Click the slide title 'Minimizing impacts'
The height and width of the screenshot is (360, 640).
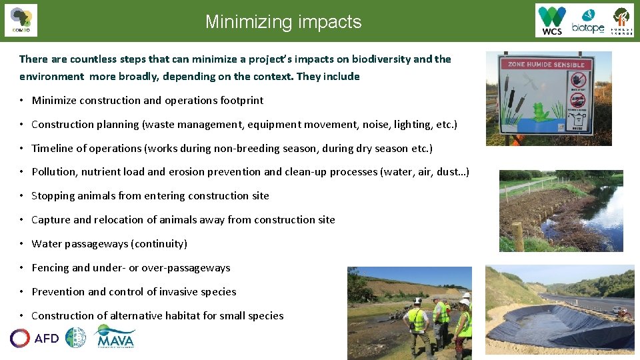click(283, 22)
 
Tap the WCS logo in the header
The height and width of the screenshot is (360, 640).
click(553, 21)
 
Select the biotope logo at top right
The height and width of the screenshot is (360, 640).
click(588, 21)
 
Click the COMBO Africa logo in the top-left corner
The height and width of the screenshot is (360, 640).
click(21, 20)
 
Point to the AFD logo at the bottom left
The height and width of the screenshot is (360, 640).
click(35, 338)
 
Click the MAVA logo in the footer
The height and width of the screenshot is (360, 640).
click(115, 337)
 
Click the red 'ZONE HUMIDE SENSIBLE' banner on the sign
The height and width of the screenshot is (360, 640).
click(547, 65)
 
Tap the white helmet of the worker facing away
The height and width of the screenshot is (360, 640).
click(417, 301)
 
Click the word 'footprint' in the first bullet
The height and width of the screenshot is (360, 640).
click(241, 100)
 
